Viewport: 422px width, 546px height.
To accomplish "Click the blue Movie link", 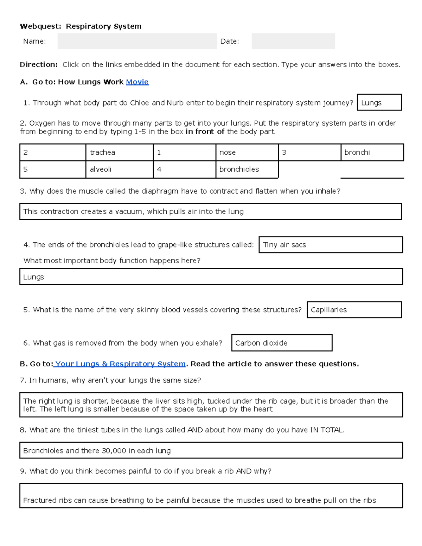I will tap(137, 82).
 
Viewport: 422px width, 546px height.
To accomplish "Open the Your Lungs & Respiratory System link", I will tap(120, 364).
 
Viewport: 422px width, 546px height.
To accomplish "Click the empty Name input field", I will tap(137, 41).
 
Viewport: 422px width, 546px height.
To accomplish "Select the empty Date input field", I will tap(293, 41).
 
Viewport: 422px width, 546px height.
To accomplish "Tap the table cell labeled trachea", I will tap(119, 152).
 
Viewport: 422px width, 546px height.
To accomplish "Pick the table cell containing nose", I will tap(247, 152).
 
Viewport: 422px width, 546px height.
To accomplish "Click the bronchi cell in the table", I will tap(372, 152).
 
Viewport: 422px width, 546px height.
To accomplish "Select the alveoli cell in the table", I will tap(119, 169).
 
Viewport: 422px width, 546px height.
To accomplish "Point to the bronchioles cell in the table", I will tap(247, 169).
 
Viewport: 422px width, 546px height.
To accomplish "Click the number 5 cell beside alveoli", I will tap(53, 169).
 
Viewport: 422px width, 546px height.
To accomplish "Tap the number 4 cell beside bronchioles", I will tap(184, 169).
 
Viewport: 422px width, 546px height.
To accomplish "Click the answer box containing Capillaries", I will tap(354, 310).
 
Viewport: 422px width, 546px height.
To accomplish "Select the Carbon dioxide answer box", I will tap(282, 343).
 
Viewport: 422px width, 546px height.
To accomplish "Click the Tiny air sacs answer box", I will tap(330, 245).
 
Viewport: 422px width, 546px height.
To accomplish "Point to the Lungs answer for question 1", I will tap(379, 103).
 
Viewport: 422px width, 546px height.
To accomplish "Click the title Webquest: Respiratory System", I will tap(81, 26).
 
